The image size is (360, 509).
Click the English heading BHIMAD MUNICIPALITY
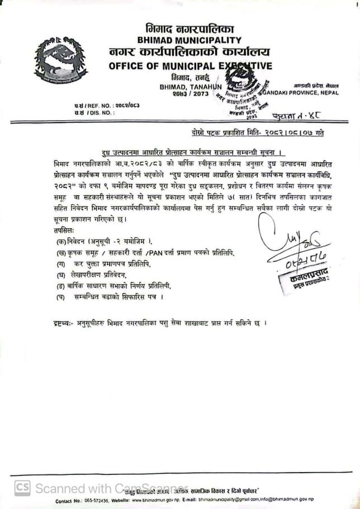click(190, 40)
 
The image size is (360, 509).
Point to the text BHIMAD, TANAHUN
click(191, 87)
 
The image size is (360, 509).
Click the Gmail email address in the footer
click(230, 499)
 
